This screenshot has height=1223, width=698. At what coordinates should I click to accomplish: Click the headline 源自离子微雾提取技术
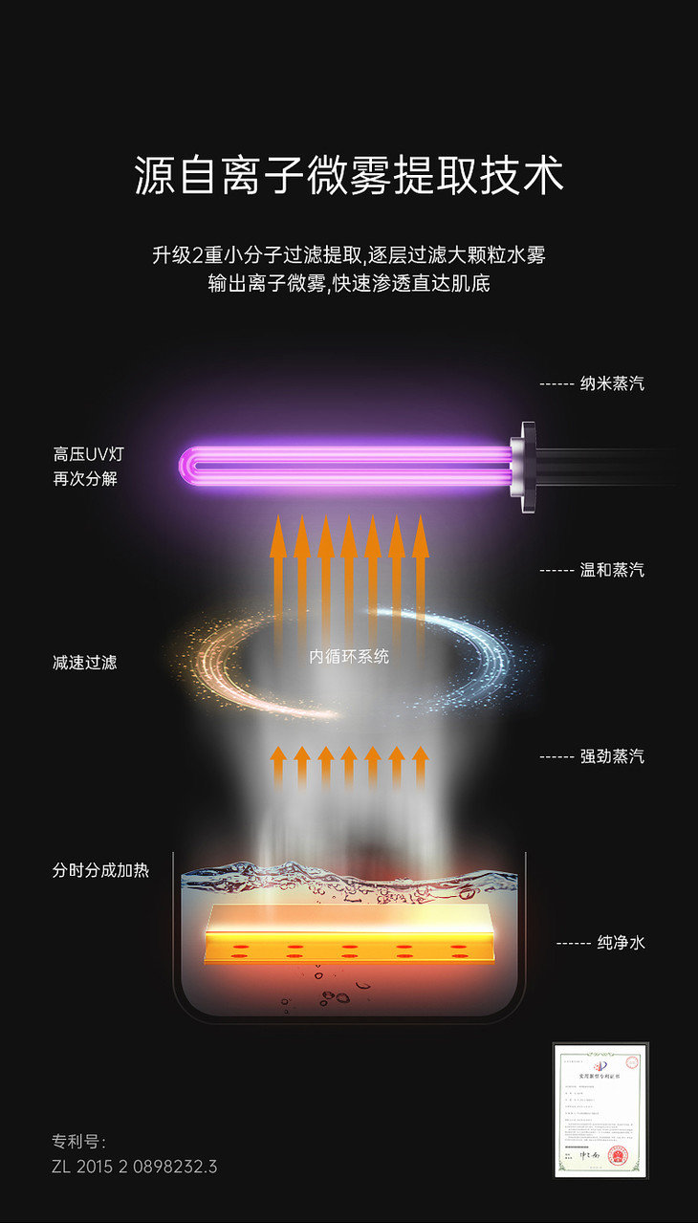[349, 177]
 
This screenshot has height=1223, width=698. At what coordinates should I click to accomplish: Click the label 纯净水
[621, 943]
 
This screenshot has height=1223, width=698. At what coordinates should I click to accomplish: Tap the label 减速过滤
[85, 662]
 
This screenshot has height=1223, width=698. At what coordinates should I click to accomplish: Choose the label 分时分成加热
[100, 871]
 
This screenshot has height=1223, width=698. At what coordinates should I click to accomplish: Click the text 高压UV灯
[88, 455]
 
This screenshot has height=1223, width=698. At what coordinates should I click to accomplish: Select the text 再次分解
[85, 478]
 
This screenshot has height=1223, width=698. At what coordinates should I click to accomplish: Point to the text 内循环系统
[349, 657]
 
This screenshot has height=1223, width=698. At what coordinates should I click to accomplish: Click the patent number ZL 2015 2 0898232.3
[135, 1167]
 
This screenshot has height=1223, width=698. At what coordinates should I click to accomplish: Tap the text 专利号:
[79, 1142]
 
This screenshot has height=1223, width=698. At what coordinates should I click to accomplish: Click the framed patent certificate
[600, 1110]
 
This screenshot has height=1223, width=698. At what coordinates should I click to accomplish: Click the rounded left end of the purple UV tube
[189, 467]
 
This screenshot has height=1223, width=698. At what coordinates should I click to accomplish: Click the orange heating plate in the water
[349, 932]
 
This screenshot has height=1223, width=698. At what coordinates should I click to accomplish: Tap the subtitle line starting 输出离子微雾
[349, 284]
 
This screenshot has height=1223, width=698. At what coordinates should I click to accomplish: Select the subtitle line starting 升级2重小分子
[349, 255]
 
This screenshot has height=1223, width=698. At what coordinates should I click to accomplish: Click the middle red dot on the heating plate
[349, 950]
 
